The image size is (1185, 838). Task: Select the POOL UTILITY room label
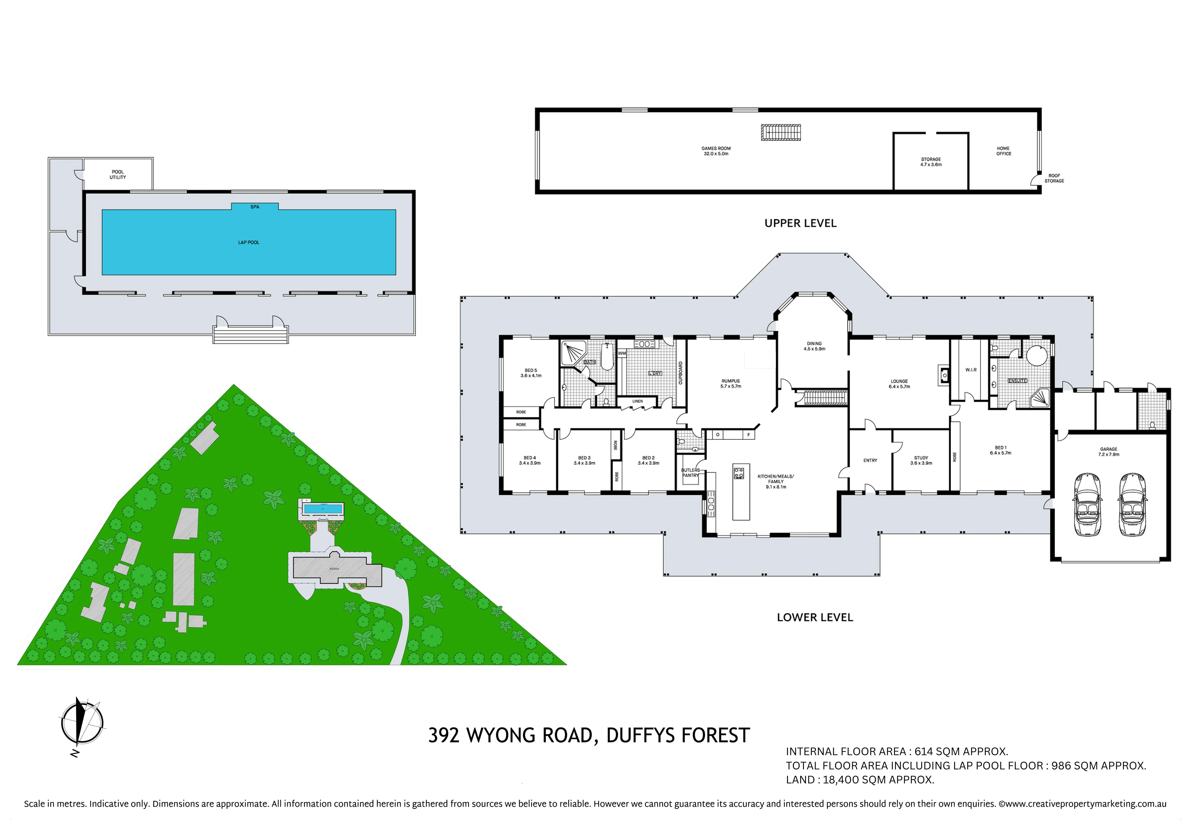(x=118, y=174)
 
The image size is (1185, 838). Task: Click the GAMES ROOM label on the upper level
(x=716, y=151)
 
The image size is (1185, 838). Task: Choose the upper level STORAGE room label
(x=931, y=162)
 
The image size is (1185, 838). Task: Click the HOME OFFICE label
(x=1003, y=151)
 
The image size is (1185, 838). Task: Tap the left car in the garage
(x=1087, y=504)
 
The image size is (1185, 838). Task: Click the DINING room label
(x=814, y=346)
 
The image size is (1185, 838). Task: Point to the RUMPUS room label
(x=731, y=383)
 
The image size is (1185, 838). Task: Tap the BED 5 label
(x=530, y=373)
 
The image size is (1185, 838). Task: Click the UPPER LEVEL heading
(x=800, y=223)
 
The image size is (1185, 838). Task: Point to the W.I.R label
(x=971, y=370)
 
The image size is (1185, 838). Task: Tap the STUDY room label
(x=921, y=460)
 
